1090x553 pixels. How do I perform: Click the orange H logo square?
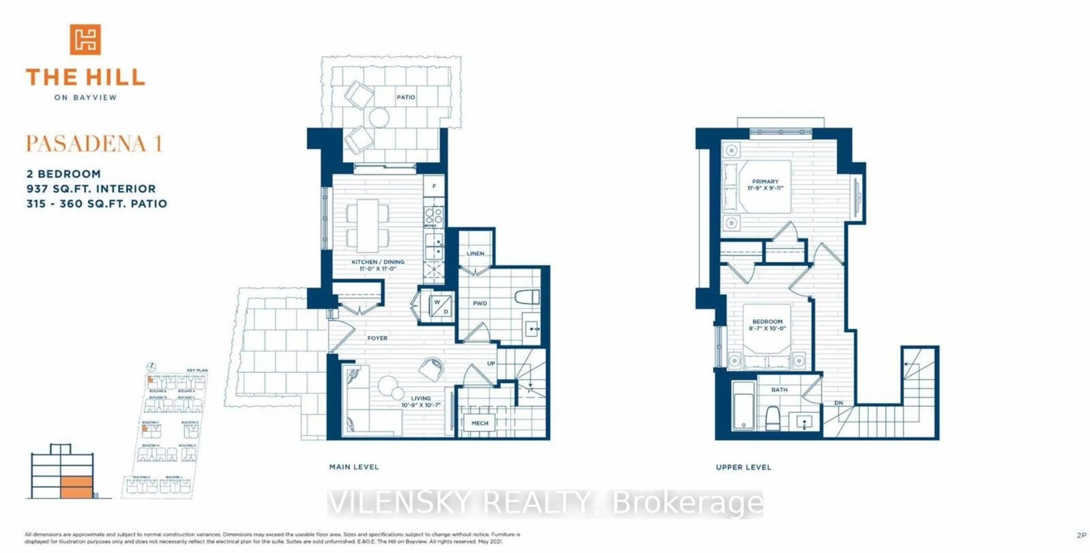click(x=85, y=39)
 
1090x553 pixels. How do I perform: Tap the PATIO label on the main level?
click(x=405, y=97)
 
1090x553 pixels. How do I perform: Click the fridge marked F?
click(x=434, y=186)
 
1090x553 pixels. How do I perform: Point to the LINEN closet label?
click(x=475, y=253)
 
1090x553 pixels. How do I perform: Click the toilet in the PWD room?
click(x=527, y=297)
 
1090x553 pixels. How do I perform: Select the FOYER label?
click(x=377, y=338)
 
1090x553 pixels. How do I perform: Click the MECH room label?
click(x=479, y=423)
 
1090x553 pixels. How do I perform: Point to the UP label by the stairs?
click(x=491, y=363)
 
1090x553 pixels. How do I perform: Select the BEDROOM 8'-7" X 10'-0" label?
click(x=767, y=325)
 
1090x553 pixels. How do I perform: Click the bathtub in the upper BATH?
click(x=743, y=406)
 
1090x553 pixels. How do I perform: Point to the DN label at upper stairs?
click(x=838, y=403)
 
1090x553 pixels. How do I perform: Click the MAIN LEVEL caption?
click(x=354, y=467)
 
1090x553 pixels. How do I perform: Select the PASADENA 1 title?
click(x=94, y=144)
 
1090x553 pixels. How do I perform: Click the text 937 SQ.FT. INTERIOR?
click(x=91, y=189)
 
